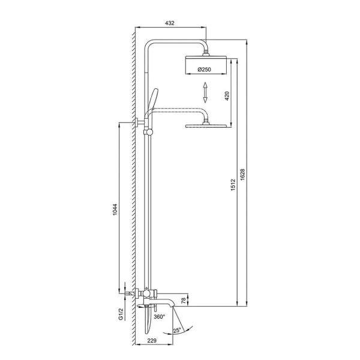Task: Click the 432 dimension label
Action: coord(170,23)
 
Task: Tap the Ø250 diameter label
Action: coord(204,70)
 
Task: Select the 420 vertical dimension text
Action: coord(227,96)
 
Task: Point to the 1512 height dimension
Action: coord(233,185)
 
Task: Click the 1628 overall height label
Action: coord(242,175)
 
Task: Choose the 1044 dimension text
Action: coord(115,209)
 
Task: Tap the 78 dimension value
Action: coord(184,301)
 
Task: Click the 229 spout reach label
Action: coord(152,340)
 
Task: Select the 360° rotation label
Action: coord(160,317)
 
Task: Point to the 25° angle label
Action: coord(177,331)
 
